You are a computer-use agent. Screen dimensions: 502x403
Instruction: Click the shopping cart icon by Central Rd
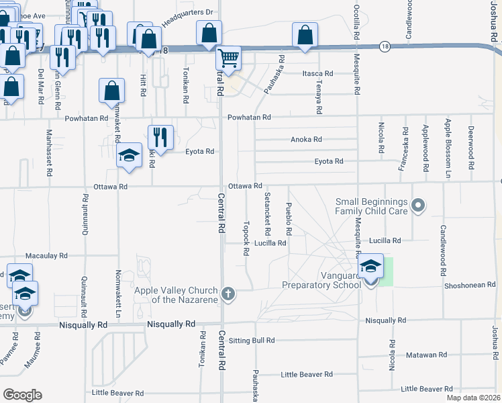(x=228, y=59)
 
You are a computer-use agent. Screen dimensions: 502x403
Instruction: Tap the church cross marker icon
(x=228, y=294)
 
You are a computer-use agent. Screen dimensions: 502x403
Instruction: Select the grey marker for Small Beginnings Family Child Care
(x=418, y=205)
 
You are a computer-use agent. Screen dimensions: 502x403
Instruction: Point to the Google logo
(x=23, y=394)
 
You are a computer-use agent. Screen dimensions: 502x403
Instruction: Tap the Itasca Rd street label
(x=317, y=73)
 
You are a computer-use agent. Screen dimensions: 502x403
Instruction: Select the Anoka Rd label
(x=307, y=140)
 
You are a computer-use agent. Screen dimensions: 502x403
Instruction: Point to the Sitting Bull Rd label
(x=252, y=341)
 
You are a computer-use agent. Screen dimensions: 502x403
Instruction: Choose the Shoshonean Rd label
(x=470, y=285)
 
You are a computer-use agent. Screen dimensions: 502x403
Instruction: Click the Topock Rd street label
(x=246, y=237)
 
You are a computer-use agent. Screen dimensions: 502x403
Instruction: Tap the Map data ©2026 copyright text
(x=473, y=398)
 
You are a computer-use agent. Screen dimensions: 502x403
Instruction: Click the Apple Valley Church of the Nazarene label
(x=178, y=294)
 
